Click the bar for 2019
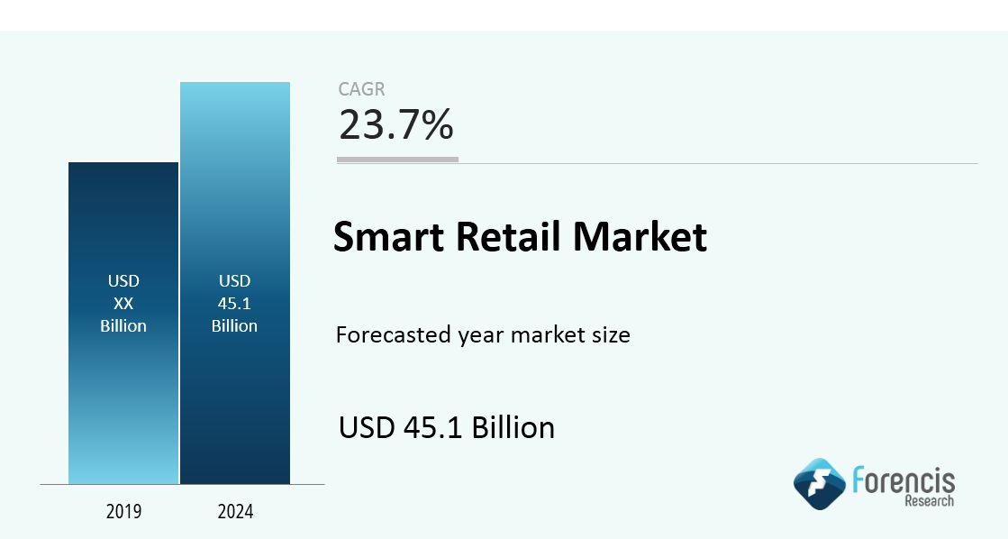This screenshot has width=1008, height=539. coord(123,323)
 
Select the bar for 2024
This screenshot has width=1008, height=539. coord(235,283)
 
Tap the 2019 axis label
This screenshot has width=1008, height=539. coord(123,511)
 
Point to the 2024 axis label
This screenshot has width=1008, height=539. coord(235,511)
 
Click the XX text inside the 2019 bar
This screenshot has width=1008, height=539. coord(123,304)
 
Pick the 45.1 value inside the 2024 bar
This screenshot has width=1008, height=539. coord(234,304)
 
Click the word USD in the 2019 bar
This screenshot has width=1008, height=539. coord(123,281)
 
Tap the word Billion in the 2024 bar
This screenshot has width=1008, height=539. coord(234,326)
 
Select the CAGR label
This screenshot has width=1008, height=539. coord(361,88)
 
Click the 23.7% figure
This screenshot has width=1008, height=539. coord(396,124)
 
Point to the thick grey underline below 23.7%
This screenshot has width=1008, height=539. coord(398,160)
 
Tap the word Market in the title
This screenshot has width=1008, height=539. coord(640,236)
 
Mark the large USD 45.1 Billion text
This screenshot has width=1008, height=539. coord(447,428)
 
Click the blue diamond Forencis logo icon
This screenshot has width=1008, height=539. coord(819,484)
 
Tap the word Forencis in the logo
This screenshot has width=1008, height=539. coord(904,480)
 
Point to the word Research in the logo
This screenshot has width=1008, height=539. coord(930,501)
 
